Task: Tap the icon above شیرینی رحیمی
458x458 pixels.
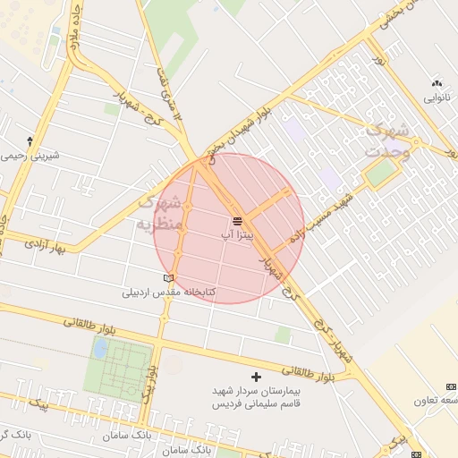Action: tap(30, 140)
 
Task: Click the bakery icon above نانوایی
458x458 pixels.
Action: tap(437, 81)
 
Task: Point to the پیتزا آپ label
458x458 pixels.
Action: tap(238, 233)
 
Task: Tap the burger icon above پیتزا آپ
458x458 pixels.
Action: tap(238, 220)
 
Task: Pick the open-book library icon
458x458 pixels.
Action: tap(168, 278)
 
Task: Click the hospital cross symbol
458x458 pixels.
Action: tap(257, 377)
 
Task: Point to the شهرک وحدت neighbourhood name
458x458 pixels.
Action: tap(388, 140)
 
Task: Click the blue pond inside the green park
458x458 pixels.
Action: tap(101, 348)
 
